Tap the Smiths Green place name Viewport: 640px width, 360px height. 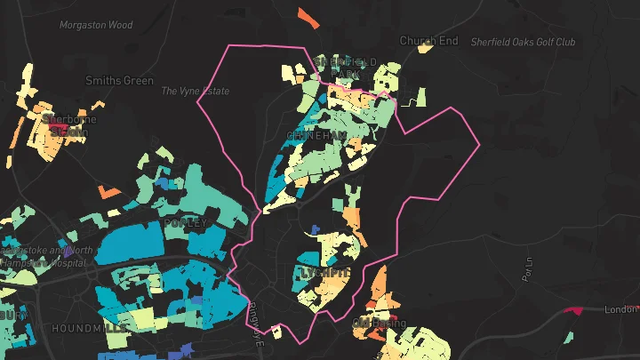pos(119,81)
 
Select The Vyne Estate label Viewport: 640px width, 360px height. pos(196,92)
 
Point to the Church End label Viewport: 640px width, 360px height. pos(428,41)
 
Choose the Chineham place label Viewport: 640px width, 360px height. pos(316,136)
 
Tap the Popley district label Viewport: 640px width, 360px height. pos(185,223)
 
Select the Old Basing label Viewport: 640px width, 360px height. pos(380,322)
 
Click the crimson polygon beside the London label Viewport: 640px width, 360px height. pos(571,310)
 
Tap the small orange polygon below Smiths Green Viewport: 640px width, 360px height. pos(108,191)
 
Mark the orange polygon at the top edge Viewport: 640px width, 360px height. pos(307,16)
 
